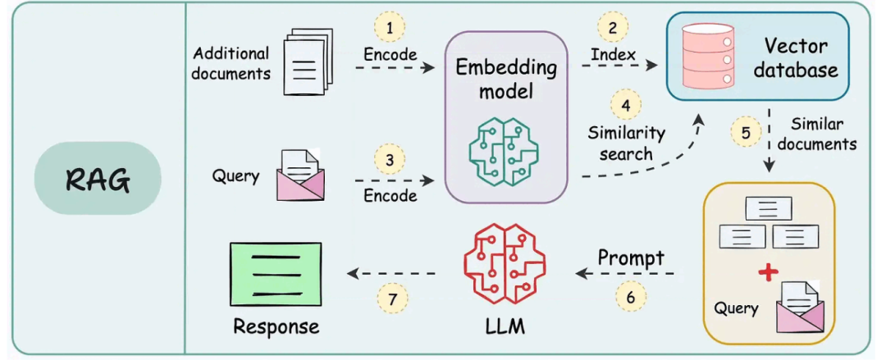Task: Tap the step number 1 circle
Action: pos(390,28)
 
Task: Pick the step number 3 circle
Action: pos(390,157)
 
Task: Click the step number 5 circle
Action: pos(746,131)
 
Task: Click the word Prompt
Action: pos(630,257)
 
